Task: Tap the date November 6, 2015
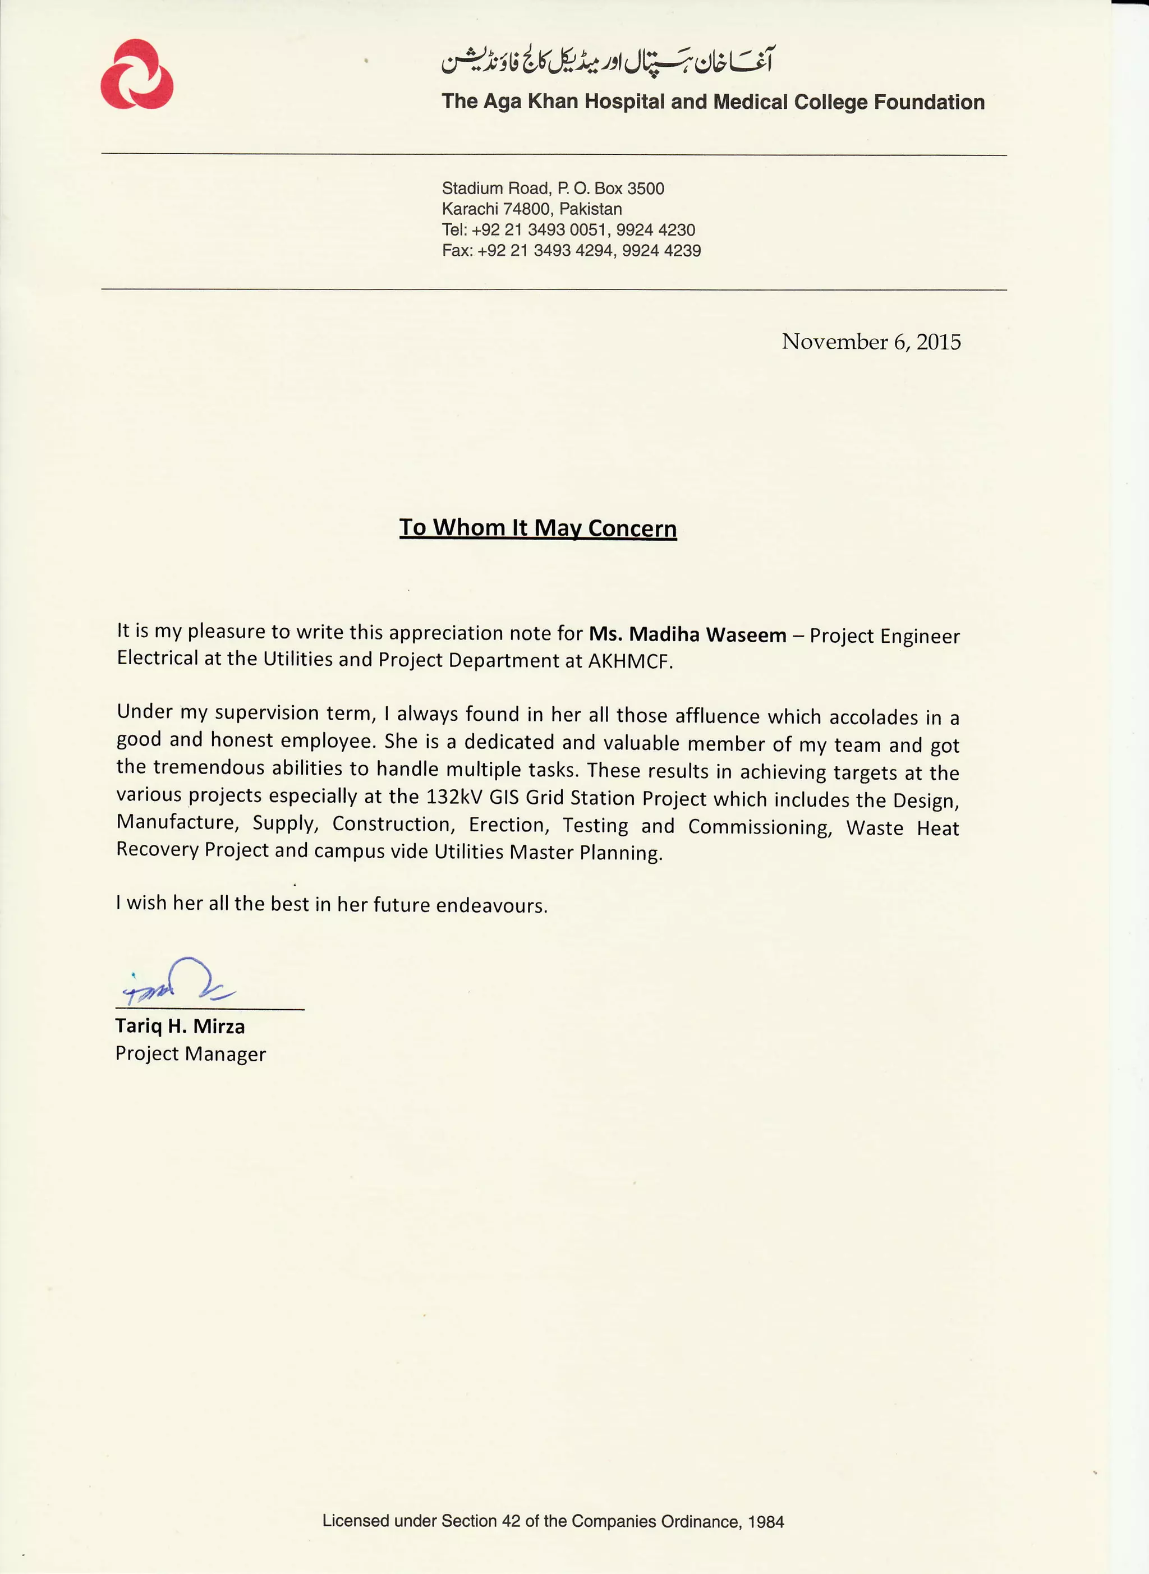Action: (871, 342)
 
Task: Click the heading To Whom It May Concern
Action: (537, 528)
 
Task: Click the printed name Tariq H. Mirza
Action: (180, 1026)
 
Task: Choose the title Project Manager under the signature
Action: (191, 1054)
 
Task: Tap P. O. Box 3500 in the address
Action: (610, 188)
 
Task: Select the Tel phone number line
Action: (568, 230)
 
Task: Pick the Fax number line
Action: (571, 251)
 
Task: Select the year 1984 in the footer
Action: (766, 1522)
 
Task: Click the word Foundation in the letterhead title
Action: (929, 102)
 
